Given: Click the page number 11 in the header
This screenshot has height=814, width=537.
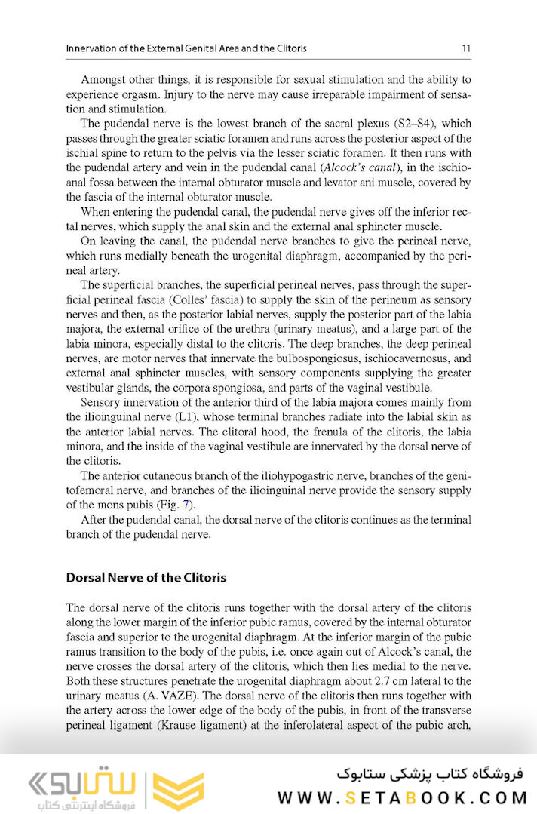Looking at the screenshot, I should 466,49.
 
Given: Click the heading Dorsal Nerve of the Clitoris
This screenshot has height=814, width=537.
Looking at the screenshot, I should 146,578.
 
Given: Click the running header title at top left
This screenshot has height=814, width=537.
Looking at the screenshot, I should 186,49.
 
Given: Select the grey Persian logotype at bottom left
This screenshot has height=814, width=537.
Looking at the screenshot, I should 72,788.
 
